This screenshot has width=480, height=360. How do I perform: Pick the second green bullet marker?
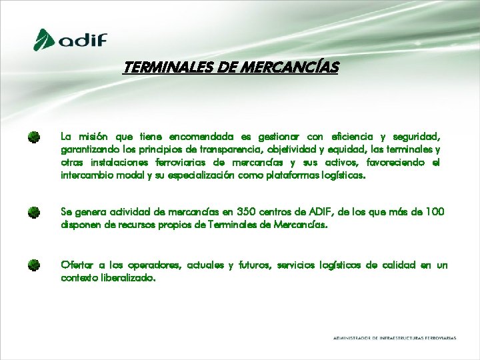click(x=34, y=213)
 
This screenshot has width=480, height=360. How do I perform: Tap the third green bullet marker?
click(x=34, y=265)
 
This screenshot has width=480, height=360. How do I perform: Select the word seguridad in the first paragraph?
click(x=418, y=137)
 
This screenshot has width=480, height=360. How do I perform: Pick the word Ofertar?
click(x=76, y=265)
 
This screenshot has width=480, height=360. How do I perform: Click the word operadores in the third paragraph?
click(x=155, y=265)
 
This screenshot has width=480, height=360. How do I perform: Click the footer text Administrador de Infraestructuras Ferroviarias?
click(x=395, y=338)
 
